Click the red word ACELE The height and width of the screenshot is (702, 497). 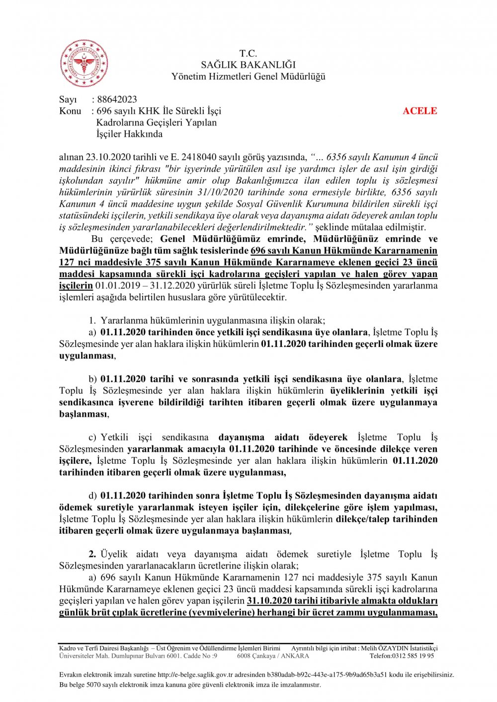[x=419, y=111]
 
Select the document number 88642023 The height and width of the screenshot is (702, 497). [x=117, y=99]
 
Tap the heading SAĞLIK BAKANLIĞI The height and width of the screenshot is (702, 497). [x=248, y=65]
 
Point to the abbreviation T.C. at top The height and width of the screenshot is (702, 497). [x=248, y=53]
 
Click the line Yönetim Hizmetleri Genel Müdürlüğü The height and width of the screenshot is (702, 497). [x=248, y=76]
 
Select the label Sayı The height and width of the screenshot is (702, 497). [x=68, y=99]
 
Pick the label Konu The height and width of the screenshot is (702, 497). [x=70, y=111]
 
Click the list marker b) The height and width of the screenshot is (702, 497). [x=93, y=379]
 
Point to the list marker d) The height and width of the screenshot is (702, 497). [x=93, y=496]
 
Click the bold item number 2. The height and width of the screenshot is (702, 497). [x=92, y=554]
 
